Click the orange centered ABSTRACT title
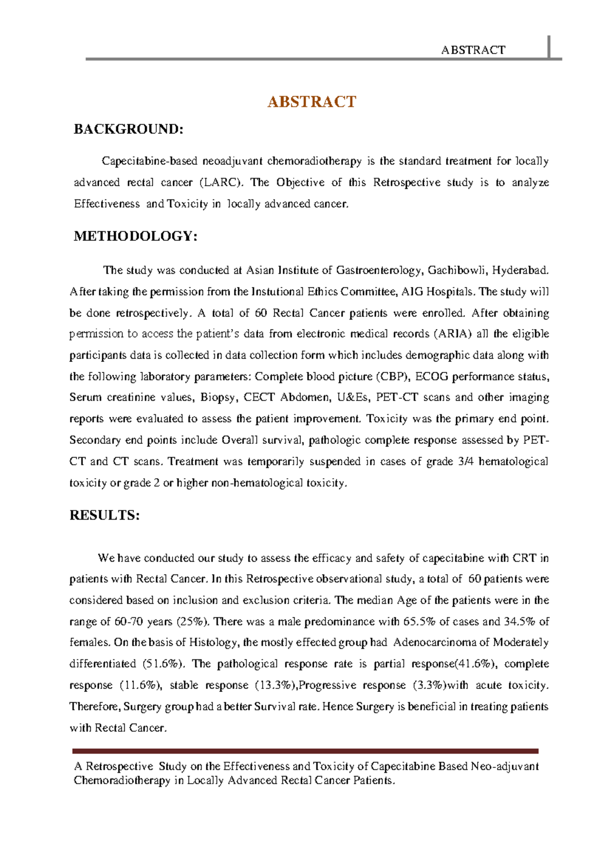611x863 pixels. point(311,102)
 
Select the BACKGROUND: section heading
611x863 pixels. point(128,129)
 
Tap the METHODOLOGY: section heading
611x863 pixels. point(135,236)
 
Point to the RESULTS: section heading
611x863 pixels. point(104,515)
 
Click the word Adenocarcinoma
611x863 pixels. point(433,643)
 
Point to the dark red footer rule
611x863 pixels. point(305,751)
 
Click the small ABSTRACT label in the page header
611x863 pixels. point(473,50)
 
